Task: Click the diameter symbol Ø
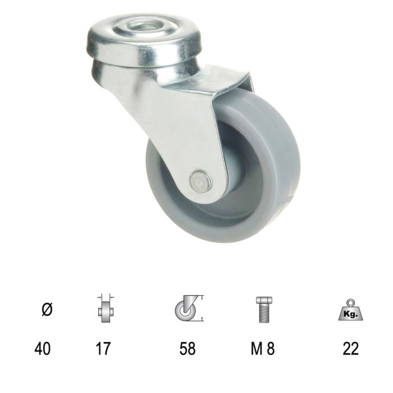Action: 47,308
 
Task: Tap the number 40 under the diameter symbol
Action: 42,349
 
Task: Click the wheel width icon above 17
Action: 104,309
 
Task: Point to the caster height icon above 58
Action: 187,308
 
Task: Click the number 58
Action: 187,349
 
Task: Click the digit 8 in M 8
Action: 271,349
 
